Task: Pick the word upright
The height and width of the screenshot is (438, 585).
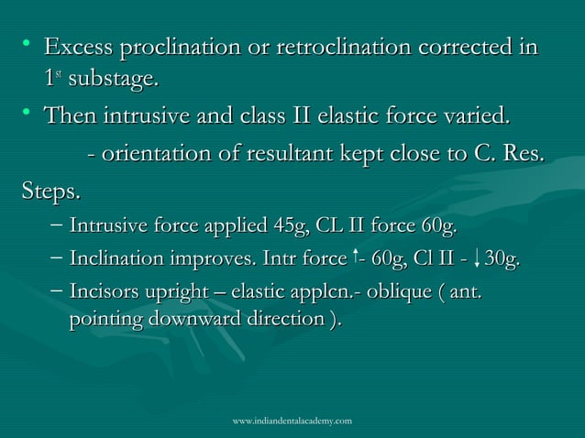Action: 188,296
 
